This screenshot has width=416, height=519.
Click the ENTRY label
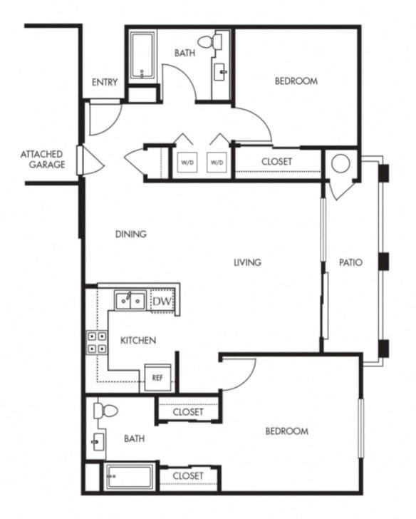(105, 83)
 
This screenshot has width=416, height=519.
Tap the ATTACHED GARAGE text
(42, 159)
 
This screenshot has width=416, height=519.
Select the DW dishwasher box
(162, 302)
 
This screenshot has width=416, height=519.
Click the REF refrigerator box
(157, 377)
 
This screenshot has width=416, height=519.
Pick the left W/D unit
(187, 163)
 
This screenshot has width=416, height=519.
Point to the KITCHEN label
(137, 341)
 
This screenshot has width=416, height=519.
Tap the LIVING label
(247, 262)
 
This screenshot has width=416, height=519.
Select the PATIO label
(350, 262)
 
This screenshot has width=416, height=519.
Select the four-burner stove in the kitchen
(97, 343)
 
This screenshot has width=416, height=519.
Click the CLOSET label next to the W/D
(276, 162)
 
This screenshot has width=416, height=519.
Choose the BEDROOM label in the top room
(296, 81)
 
